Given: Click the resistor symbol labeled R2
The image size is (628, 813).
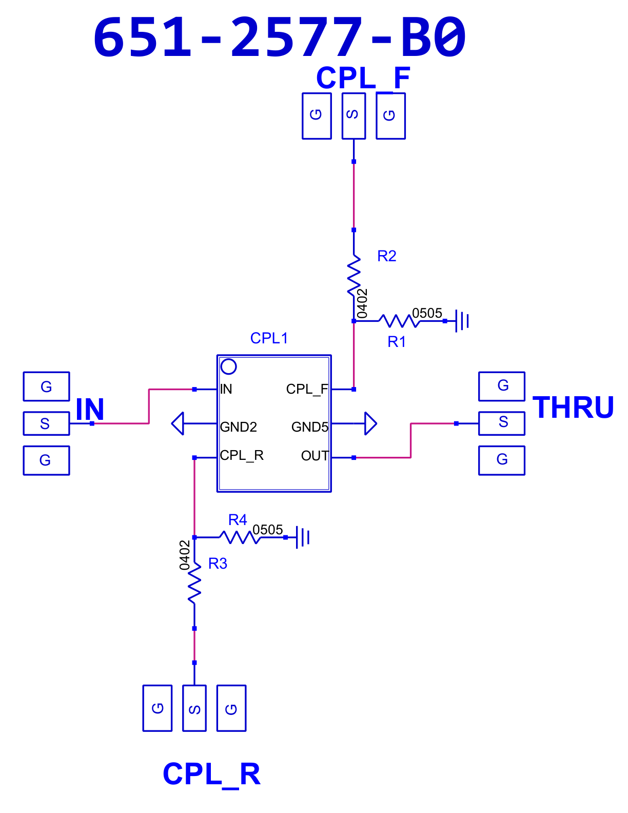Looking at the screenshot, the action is coord(354,276).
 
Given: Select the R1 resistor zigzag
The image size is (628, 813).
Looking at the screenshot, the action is coord(399,321).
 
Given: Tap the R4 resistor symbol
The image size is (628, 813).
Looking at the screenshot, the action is coord(240,537).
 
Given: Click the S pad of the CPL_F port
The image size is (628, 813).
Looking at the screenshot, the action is coord(354,116).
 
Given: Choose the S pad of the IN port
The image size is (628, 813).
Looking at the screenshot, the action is coord(46,423).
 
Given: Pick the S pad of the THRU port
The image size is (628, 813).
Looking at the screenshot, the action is coord(502,423).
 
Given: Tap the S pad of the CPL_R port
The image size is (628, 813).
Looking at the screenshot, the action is coord(194,708).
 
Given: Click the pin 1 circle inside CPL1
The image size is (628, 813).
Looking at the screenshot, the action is coord(228,366).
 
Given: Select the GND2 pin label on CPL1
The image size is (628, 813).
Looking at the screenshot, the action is coord(238,427).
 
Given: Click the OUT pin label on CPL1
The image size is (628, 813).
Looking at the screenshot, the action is coord(315,455).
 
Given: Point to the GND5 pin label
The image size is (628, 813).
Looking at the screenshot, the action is coord(310,427).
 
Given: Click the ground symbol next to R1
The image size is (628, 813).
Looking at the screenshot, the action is coord(462,321).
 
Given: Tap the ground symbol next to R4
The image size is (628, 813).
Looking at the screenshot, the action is coord(303,537).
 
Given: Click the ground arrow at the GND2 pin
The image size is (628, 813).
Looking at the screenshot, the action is coord(178,423).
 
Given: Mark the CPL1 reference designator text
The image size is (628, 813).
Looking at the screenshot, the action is coord(269,338).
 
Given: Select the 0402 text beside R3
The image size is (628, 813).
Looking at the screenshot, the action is coord(184,555).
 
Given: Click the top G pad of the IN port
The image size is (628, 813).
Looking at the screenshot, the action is coord(46,386).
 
